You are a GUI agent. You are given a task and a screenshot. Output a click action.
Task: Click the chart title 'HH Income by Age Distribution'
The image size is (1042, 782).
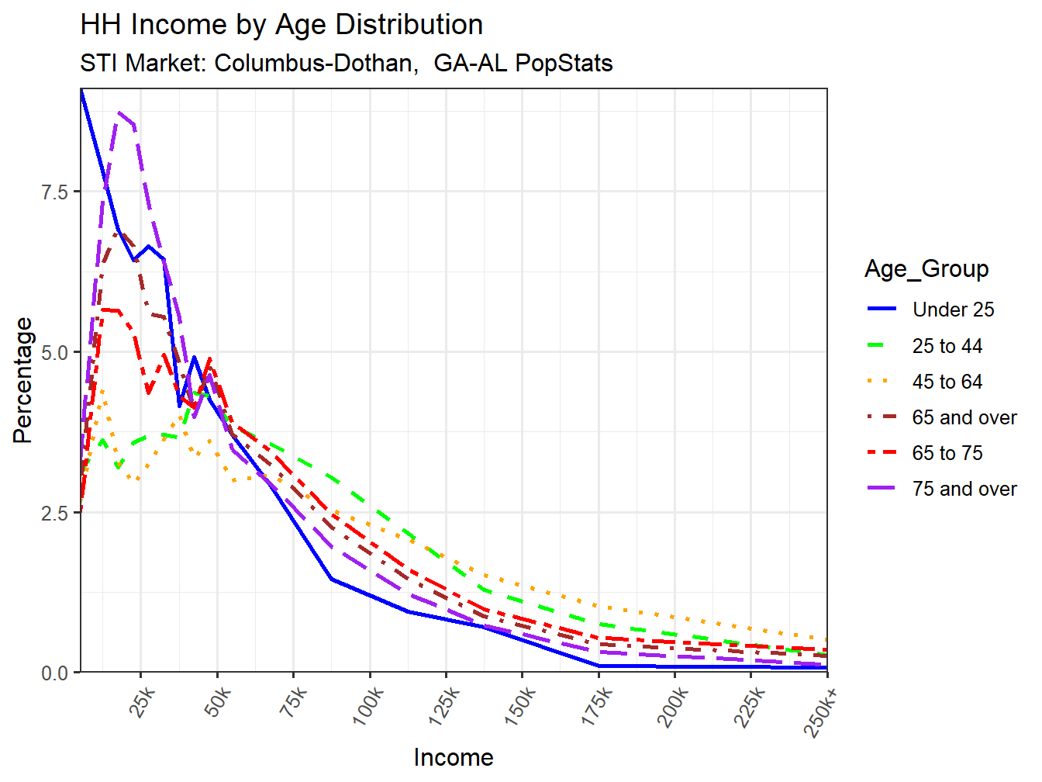[x=281, y=25]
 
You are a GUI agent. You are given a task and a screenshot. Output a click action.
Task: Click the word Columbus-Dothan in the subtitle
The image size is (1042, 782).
[x=314, y=63]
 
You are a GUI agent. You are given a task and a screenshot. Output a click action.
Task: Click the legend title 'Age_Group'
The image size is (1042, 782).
[x=926, y=268]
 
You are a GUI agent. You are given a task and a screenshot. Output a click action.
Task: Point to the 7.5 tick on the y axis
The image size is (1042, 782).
[x=55, y=192]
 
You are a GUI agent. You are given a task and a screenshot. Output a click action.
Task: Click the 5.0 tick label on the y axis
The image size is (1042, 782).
[x=55, y=352]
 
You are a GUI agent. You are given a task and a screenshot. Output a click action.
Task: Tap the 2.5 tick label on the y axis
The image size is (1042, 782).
[x=55, y=513]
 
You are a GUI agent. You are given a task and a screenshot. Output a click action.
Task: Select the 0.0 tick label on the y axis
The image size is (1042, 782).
[x=55, y=673]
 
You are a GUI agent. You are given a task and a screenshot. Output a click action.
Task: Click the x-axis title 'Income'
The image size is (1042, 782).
[x=454, y=757]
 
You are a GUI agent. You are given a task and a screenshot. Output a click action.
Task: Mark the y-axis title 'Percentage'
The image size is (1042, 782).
[x=23, y=380]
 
